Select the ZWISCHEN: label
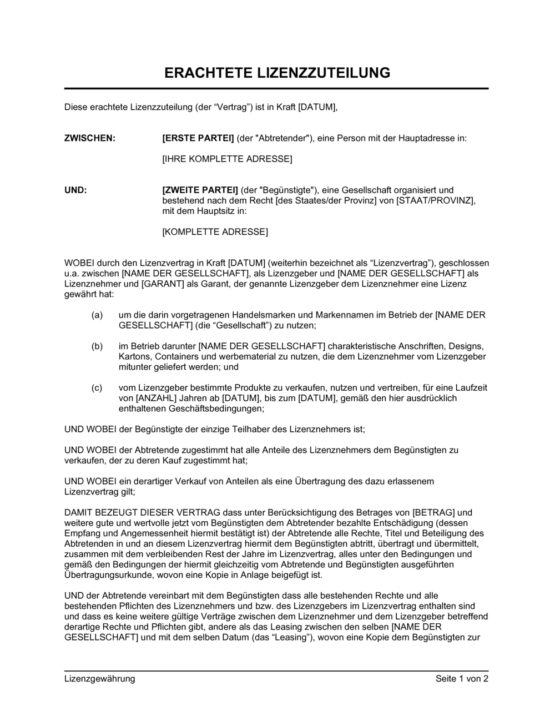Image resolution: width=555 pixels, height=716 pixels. click(x=90, y=138)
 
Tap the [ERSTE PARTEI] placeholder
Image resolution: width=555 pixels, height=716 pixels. click(x=198, y=138)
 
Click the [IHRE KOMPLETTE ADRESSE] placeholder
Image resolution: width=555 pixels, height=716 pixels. click(x=226, y=159)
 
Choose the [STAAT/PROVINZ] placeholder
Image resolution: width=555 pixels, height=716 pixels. click(x=435, y=200)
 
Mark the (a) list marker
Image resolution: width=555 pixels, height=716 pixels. click(x=97, y=315)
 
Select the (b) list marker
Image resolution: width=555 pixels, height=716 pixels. click(x=97, y=346)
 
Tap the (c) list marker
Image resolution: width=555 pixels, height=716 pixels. click(x=97, y=388)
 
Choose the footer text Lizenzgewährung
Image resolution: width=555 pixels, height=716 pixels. click(x=100, y=678)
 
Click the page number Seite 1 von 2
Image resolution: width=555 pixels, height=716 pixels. click(x=462, y=678)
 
